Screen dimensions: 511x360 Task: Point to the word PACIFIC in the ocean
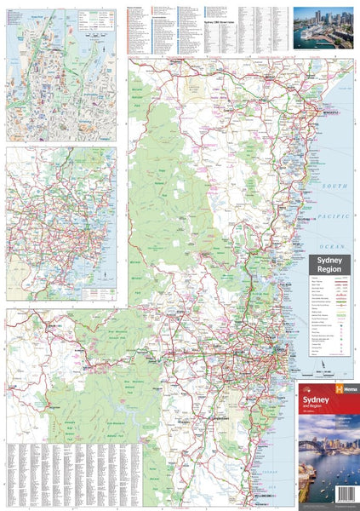336,218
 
